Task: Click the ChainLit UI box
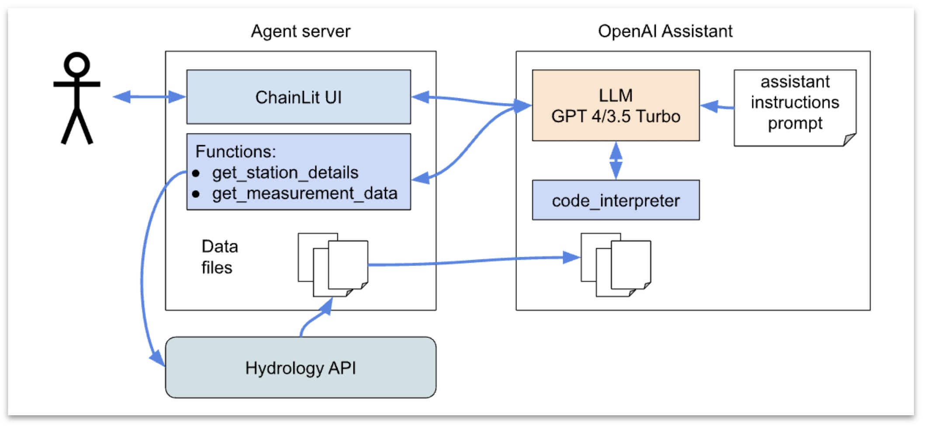tap(298, 97)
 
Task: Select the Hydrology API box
tap(301, 368)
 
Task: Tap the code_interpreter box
tap(616, 200)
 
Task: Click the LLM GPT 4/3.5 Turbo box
tap(616, 106)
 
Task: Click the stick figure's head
tap(77, 65)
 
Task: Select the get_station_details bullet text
tap(285, 173)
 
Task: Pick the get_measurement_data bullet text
tap(305, 193)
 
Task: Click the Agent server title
tap(301, 31)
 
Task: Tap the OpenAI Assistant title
tap(665, 31)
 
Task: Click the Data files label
tap(219, 257)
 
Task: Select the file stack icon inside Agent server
tap(333, 264)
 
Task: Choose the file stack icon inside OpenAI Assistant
tap(616, 264)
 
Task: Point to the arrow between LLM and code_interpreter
tap(616, 160)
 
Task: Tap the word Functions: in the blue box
tap(236, 152)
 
